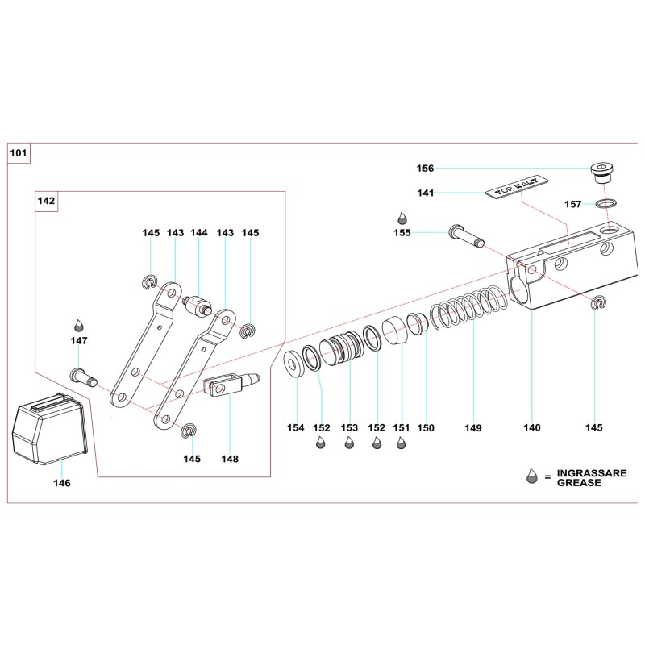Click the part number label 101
[18, 152]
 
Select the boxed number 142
[46, 201]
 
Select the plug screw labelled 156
[601, 171]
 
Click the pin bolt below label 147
[83, 376]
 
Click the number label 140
[532, 427]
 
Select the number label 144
[198, 233]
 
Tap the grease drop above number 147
[79, 324]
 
